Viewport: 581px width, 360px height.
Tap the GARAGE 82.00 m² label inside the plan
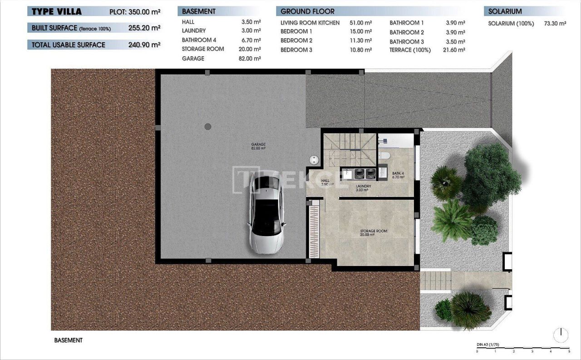(258, 146)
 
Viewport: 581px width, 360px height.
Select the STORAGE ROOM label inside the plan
(374, 232)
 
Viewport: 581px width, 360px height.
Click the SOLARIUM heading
(505, 11)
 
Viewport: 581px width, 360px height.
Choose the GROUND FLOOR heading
(307, 11)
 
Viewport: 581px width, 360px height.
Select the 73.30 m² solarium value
(555, 24)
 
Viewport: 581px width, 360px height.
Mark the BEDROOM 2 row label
(296, 40)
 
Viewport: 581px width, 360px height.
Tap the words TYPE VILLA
(57, 12)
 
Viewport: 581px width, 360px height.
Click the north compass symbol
(561, 335)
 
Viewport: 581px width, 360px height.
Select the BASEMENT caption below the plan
(68, 340)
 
